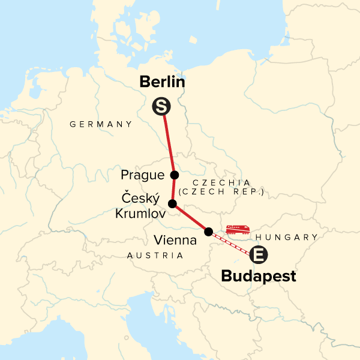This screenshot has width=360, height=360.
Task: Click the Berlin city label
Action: coord(162,82)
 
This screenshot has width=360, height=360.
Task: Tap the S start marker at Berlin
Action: coord(161,107)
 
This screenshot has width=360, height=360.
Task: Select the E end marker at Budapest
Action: coord(259,254)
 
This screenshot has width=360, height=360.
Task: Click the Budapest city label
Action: coord(259,277)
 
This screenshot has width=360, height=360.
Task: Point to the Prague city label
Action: coord(142,175)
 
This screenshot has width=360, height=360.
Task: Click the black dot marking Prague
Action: coord(175,175)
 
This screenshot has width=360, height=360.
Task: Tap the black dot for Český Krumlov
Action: coord(172,204)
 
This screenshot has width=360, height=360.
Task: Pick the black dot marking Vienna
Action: coord(208,232)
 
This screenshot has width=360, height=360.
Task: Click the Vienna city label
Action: coord(175,241)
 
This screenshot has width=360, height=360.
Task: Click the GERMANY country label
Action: coord(101,124)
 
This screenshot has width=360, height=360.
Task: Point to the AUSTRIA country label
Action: coord(155,256)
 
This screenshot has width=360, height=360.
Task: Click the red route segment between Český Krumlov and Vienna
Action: coord(190,218)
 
